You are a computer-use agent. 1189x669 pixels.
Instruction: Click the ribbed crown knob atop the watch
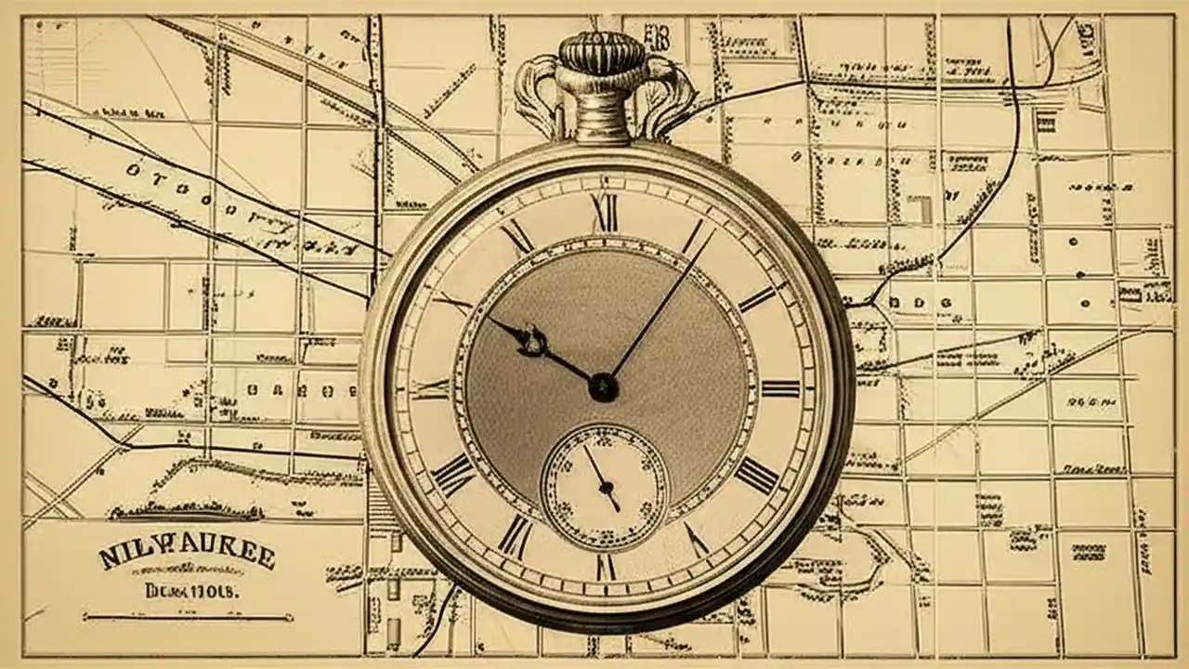tap(601, 53)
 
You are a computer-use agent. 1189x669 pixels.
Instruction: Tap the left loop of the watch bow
tap(538, 93)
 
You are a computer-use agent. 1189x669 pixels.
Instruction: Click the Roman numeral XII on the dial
tap(605, 213)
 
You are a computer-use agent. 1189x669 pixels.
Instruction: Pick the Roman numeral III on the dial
tap(780, 387)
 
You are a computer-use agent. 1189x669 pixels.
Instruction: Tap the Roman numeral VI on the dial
tap(605, 566)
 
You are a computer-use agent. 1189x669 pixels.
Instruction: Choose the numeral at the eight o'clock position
tap(453, 475)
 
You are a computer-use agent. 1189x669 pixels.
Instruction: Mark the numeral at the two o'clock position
tap(756, 297)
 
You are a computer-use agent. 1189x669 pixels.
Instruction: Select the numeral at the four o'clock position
tap(757, 475)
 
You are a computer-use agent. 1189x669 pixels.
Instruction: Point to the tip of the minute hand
tap(713, 230)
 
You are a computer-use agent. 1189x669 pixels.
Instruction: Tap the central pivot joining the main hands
tap(603, 387)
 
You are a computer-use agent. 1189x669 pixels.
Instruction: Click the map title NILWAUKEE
tap(187, 556)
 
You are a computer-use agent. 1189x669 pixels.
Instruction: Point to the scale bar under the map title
tap(188, 616)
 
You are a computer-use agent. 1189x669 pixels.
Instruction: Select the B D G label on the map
tap(921, 303)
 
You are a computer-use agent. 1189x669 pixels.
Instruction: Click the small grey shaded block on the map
tap(920, 210)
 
